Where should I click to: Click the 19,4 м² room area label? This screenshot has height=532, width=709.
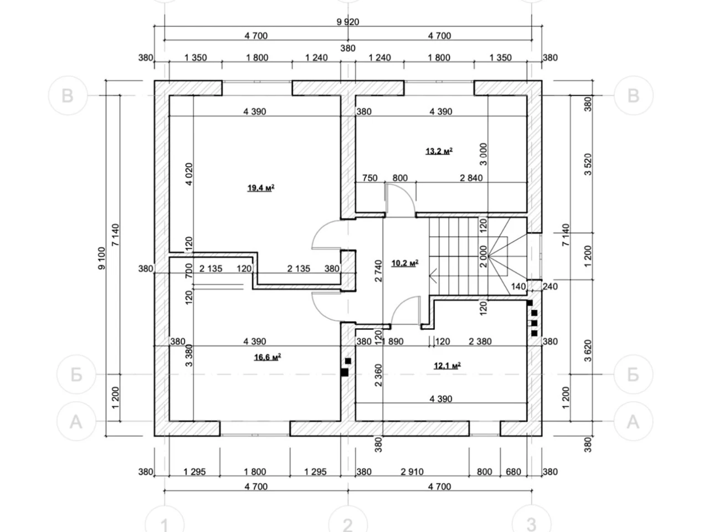click(x=261, y=188)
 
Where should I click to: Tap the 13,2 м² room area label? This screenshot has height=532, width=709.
click(x=439, y=151)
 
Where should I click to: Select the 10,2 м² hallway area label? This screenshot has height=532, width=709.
click(x=405, y=263)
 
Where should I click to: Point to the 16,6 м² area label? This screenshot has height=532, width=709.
click(x=267, y=357)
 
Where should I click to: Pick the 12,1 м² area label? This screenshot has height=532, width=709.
click(x=447, y=365)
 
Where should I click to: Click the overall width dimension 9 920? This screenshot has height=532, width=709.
click(x=347, y=22)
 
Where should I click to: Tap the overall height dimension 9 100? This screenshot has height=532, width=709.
click(x=102, y=258)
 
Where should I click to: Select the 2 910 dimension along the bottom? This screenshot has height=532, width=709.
click(x=412, y=472)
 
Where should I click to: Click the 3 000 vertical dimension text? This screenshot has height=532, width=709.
click(x=483, y=154)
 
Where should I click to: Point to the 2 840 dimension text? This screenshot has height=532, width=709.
click(x=471, y=178)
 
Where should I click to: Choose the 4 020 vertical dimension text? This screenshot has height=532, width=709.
click(x=189, y=174)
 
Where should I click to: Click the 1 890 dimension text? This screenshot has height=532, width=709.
click(x=393, y=341)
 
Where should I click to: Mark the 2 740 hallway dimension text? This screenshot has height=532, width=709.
click(x=378, y=271)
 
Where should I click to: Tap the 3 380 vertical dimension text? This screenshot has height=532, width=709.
click(x=189, y=355)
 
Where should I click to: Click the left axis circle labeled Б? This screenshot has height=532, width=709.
click(x=76, y=375)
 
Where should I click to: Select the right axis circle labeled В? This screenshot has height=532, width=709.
click(x=633, y=96)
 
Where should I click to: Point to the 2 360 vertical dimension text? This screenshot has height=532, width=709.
click(x=378, y=375)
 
